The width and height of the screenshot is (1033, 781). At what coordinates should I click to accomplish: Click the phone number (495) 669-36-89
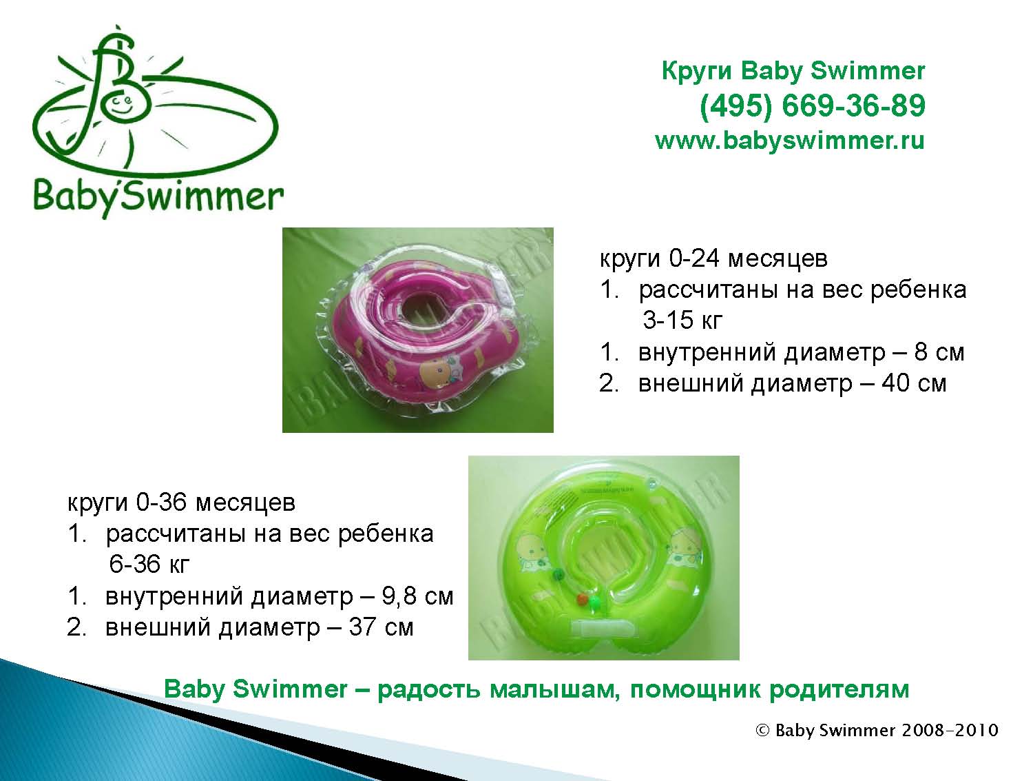tap(812, 105)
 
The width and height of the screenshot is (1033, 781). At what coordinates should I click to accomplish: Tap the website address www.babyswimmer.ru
tap(790, 141)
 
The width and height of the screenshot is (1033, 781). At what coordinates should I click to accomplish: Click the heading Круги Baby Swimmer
tap(793, 71)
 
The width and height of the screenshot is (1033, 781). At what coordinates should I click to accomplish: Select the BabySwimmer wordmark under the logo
tap(158, 196)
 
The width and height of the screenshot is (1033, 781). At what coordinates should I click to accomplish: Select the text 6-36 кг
tap(149, 565)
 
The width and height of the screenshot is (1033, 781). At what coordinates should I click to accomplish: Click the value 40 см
tap(914, 383)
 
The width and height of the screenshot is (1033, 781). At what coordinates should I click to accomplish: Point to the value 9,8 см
tap(417, 596)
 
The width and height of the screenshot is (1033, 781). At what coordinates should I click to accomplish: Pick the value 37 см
tap(382, 627)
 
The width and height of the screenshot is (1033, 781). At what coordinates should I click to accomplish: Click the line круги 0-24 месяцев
tap(713, 258)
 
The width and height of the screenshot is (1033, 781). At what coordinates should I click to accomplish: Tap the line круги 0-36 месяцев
tap(181, 503)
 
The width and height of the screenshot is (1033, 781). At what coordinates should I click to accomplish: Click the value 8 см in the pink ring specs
tap(939, 352)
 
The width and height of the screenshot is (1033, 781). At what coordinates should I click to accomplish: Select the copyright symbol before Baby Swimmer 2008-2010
tap(762, 731)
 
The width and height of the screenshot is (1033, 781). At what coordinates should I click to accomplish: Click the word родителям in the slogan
tap(839, 690)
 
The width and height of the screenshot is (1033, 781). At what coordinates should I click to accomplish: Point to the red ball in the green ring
tap(582, 599)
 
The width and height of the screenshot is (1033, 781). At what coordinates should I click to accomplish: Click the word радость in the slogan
tap(429, 690)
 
